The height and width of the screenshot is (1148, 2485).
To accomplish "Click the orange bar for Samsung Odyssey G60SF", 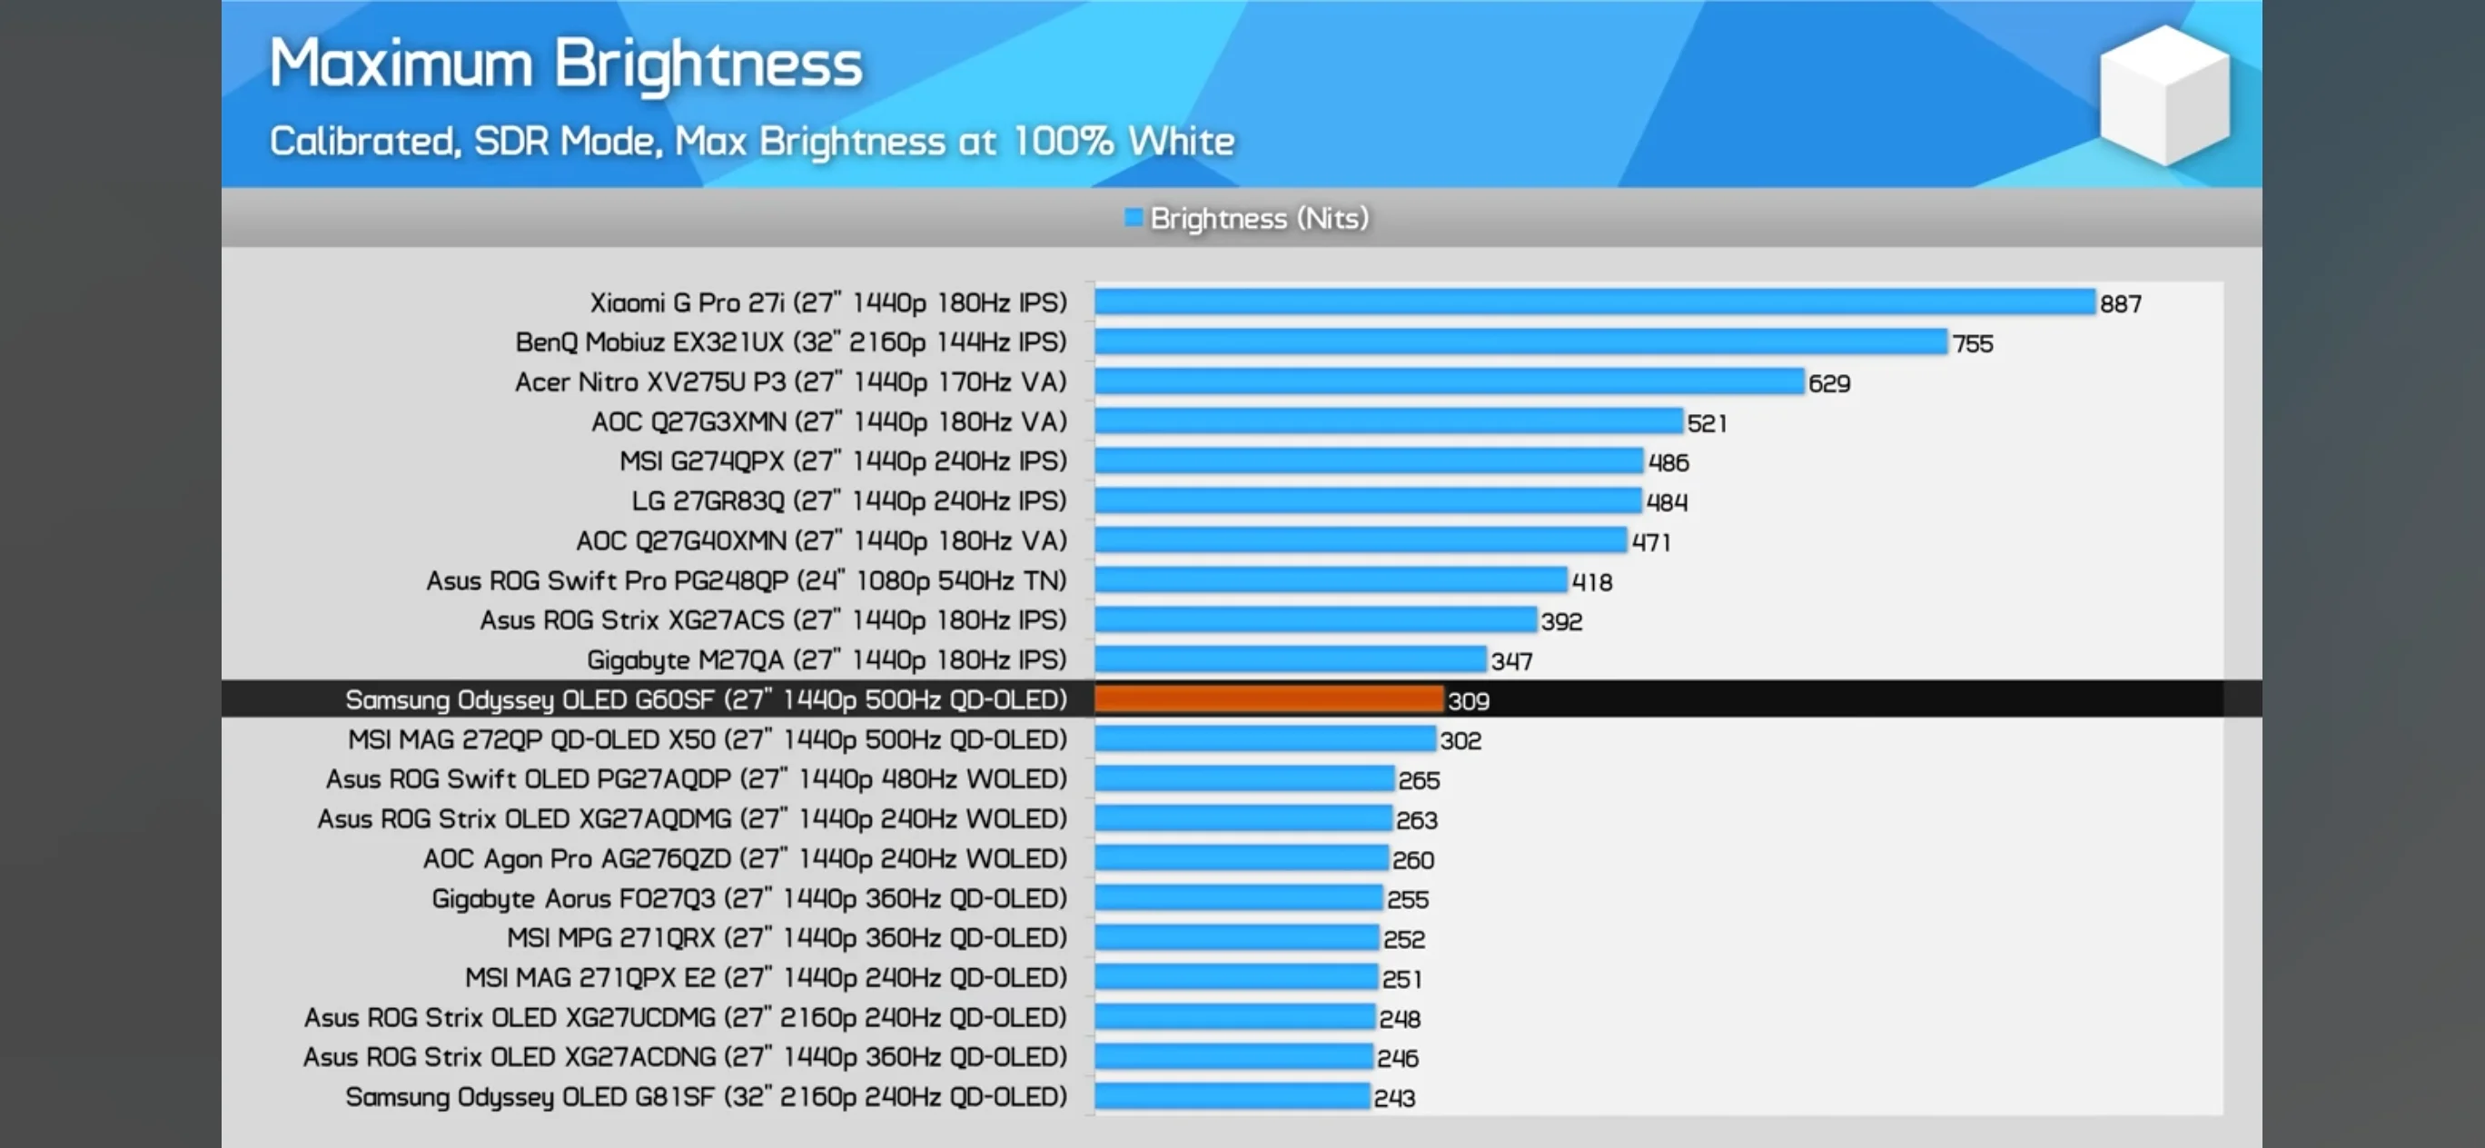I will point(1269,699).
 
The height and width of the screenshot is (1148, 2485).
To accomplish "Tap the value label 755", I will point(1972,343).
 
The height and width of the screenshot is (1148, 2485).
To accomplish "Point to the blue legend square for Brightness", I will point(1134,218).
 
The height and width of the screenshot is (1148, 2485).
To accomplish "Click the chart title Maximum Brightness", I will point(565,64).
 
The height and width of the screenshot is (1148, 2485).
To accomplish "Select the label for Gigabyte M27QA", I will point(827,660).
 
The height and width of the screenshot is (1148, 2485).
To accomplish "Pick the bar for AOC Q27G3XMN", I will point(1388,421).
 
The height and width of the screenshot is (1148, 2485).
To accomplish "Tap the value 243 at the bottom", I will point(1394,1098).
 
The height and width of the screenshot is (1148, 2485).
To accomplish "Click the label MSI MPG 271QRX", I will point(787,937).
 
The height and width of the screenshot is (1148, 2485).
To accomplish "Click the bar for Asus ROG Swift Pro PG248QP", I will point(1331,579).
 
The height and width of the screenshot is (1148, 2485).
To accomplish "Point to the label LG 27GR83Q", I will point(849,500).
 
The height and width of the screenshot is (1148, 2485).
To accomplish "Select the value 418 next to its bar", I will point(1590,581).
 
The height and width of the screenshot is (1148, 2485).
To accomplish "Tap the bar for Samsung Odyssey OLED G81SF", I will point(1232,1097).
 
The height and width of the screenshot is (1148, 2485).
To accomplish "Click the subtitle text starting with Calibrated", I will point(751,142).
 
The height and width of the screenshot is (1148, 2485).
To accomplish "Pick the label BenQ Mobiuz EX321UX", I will point(791,342).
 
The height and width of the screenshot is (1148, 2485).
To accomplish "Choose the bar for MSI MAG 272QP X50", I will point(1264,739).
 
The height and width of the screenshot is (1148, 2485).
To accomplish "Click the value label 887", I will point(2121,304).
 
